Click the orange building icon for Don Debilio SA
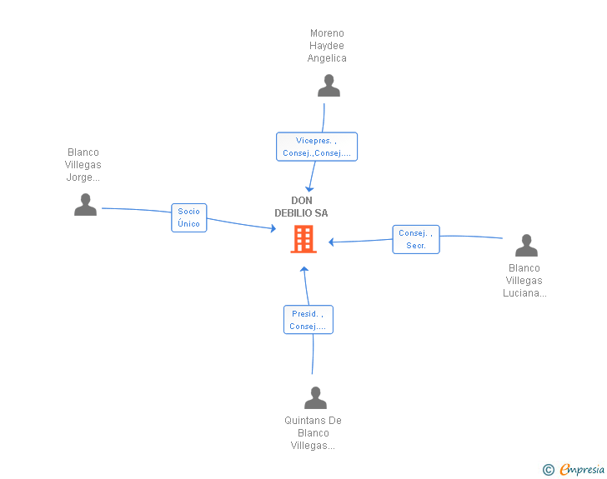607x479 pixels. [303, 239]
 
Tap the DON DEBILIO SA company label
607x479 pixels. [301, 207]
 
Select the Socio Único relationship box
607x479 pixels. [189, 217]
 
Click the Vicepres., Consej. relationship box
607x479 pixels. [317, 147]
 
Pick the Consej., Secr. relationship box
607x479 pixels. [416, 240]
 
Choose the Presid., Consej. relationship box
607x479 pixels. [309, 320]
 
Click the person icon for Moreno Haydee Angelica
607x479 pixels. [329, 86]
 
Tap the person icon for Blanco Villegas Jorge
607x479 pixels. [85, 205]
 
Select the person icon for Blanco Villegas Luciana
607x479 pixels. [526, 245]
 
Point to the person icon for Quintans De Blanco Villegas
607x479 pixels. [315, 397]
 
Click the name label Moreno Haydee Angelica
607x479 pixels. [327, 46]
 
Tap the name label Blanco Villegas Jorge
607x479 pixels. [83, 164]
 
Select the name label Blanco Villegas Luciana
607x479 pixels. [524, 281]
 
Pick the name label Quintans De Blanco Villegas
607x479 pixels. [314, 433]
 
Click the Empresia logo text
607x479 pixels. [582, 469]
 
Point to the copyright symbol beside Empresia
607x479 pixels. [548, 470]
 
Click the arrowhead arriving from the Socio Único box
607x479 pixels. [273, 228]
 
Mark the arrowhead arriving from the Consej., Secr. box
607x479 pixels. [331, 242]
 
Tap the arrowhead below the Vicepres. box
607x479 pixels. [309, 189]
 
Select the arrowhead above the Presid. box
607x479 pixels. [304, 269]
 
